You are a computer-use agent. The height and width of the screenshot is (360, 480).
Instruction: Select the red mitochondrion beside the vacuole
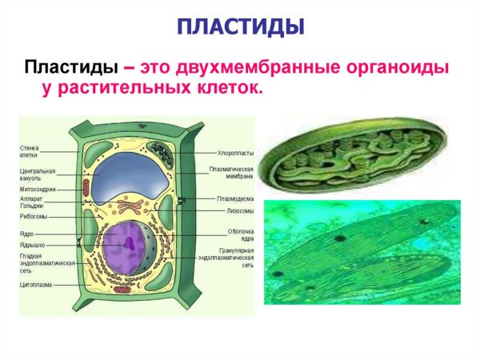point(86,187)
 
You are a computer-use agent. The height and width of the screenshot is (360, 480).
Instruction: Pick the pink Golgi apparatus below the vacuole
point(129,214)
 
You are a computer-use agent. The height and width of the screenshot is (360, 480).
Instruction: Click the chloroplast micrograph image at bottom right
point(364,256)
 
